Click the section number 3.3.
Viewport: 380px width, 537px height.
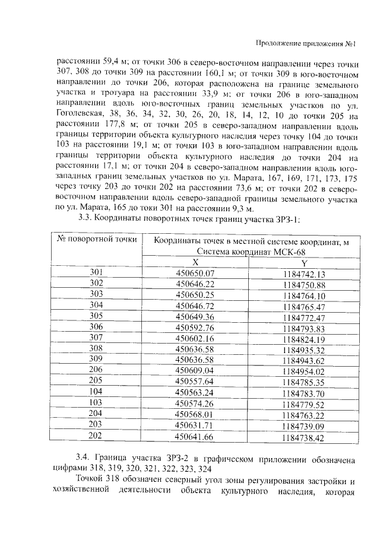click(87, 219)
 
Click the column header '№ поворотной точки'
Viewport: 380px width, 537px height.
click(97, 239)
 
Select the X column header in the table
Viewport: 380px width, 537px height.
click(195, 262)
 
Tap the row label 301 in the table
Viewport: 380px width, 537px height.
click(96, 272)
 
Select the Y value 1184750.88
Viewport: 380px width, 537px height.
click(305, 285)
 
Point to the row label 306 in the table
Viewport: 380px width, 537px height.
click(96, 327)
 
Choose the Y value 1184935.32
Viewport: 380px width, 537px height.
click(305, 350)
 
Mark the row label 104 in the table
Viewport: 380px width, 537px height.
click(96, 392)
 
